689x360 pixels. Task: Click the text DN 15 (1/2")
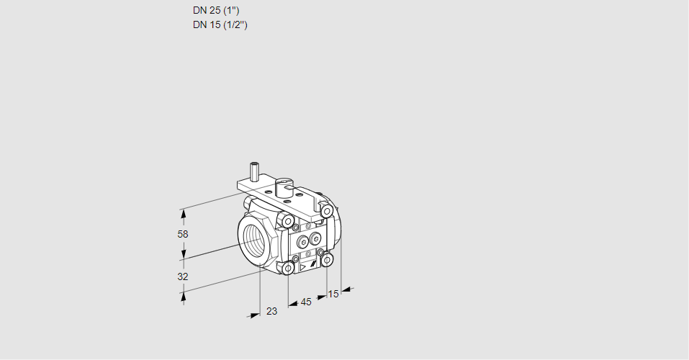coord(220,25)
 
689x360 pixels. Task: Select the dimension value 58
coord(182,234)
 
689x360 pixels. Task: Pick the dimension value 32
coord(182,276)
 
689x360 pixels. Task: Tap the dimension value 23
coord(271,311)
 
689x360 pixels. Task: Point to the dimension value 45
coord(306,302)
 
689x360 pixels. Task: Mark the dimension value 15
coord(333,294)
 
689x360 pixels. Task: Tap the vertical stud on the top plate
coord(253,172)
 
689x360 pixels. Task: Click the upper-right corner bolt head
coord(327,210)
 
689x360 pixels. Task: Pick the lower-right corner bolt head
coord(327,259)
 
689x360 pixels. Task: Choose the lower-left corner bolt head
coord(288,269)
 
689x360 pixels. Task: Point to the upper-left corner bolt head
coord(288,220)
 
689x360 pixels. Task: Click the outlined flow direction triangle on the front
coord(303,266)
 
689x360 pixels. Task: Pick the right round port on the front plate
coord(315,238)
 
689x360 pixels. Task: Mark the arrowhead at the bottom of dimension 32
coord(183,296)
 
